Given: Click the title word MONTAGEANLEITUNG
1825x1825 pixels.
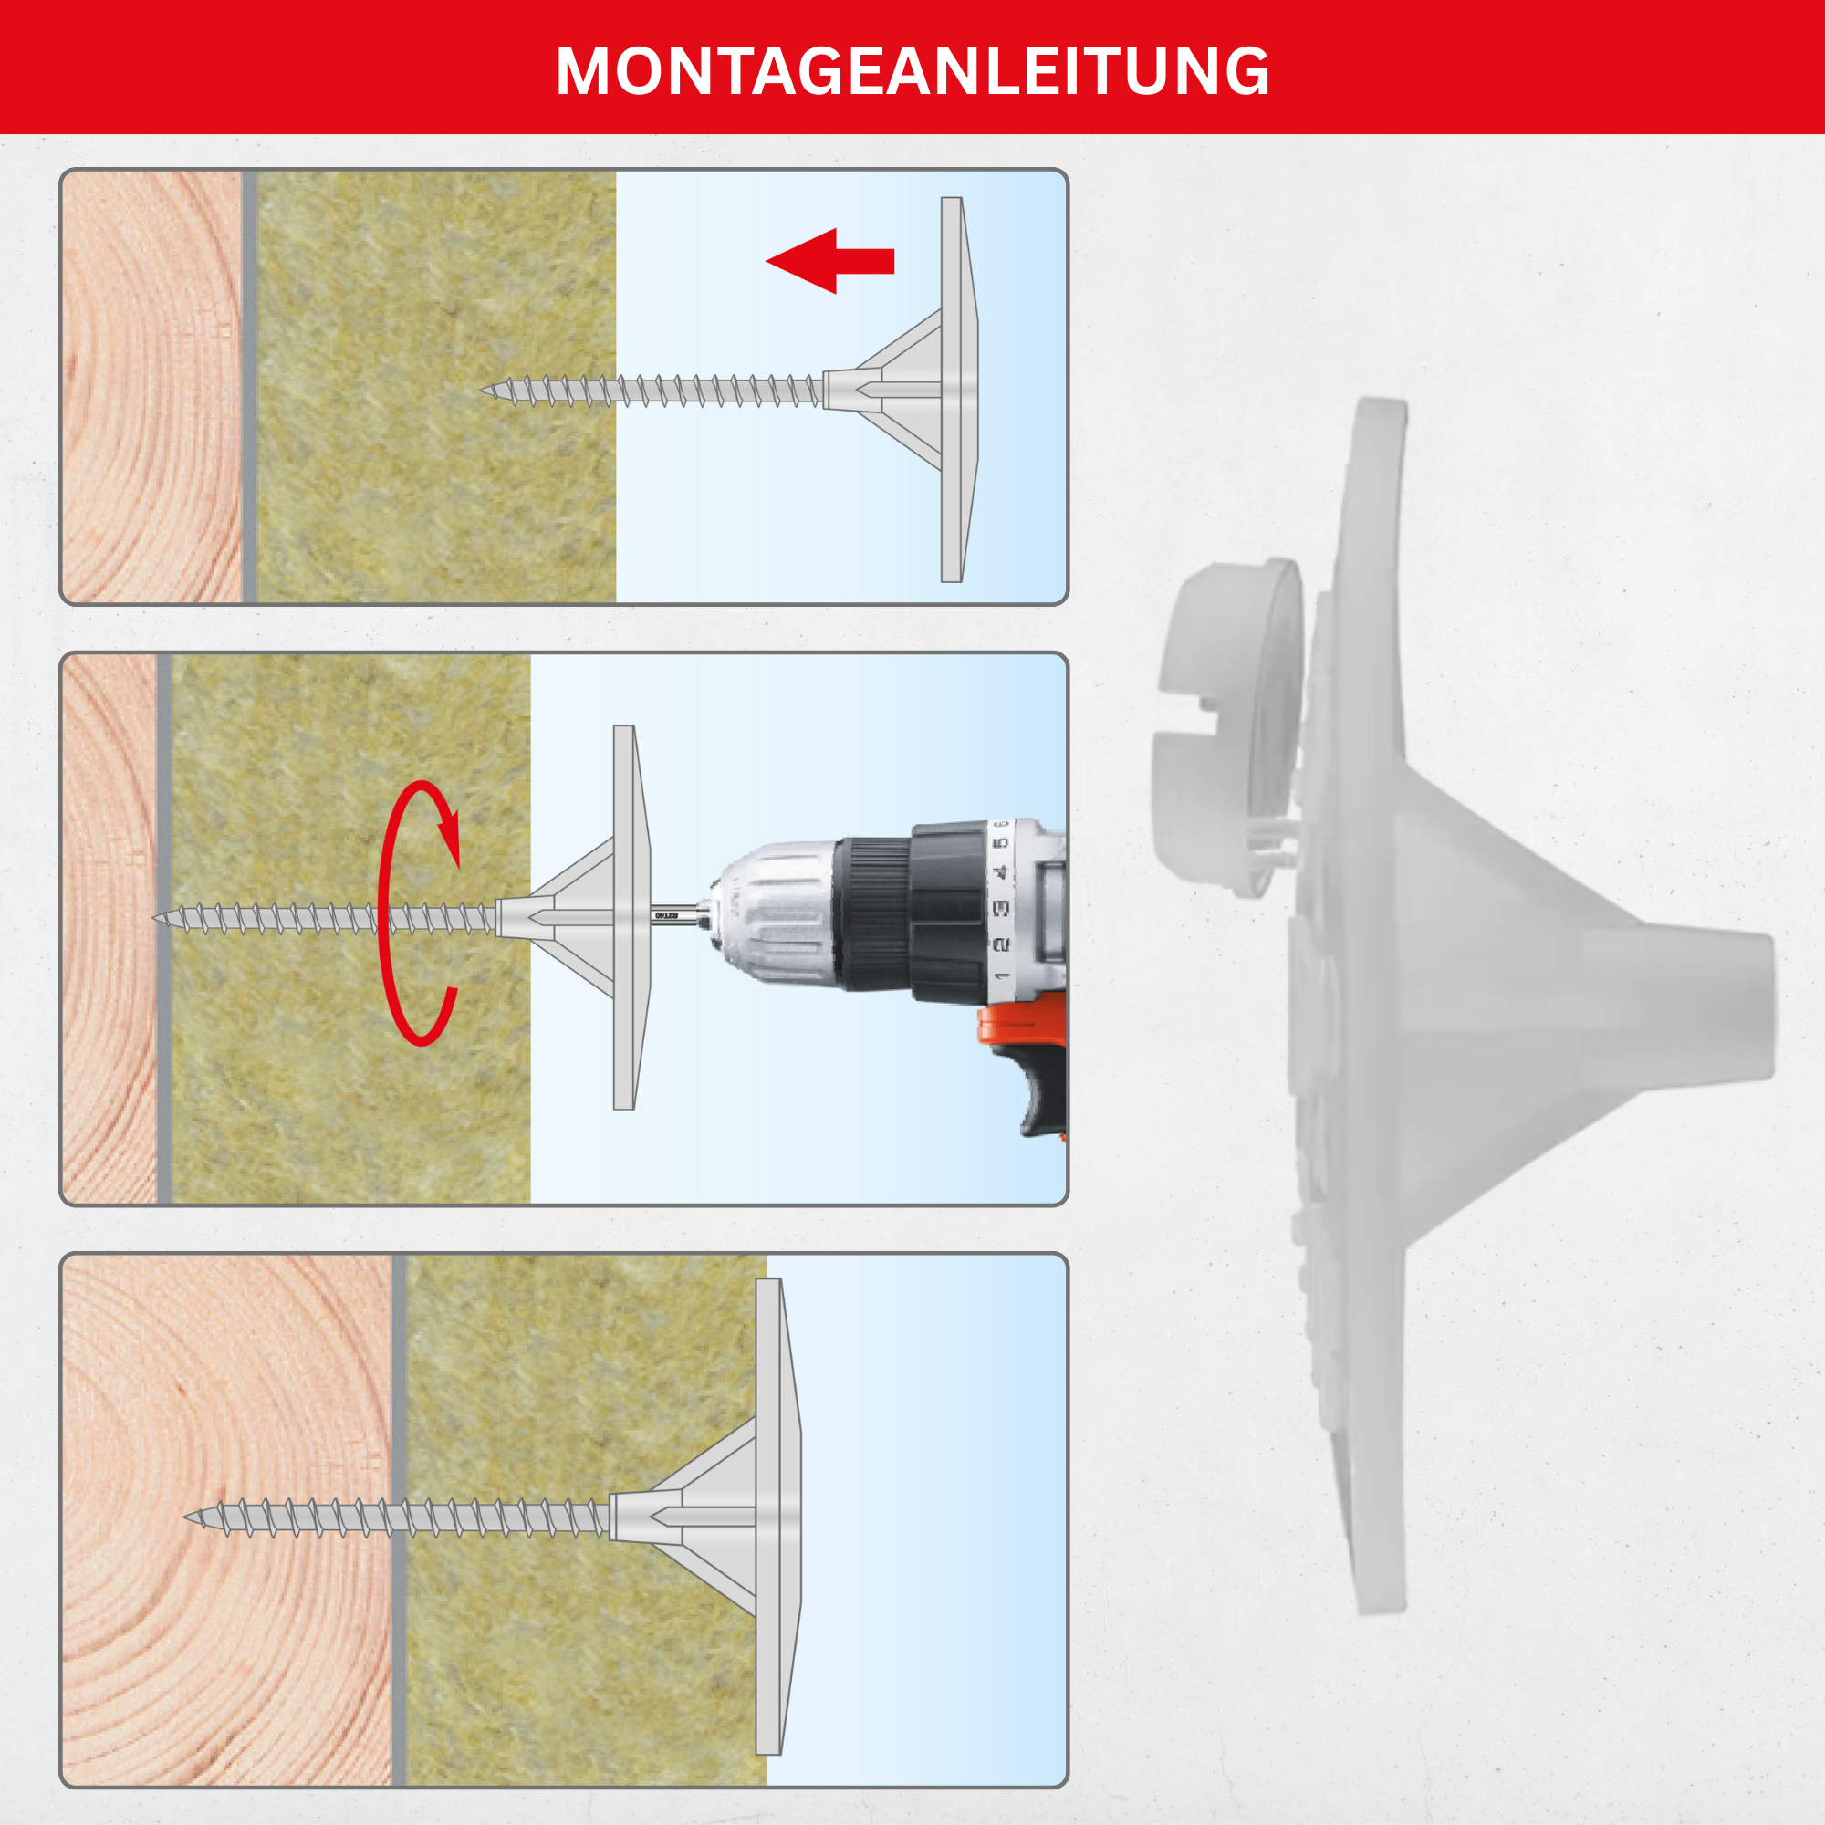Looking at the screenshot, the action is click(x=912, y=71).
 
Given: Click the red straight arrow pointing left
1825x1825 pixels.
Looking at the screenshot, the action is click(x=829, y=261).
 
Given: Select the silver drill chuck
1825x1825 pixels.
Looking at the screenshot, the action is click(x=775, y=914).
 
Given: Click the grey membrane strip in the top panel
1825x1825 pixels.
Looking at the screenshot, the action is click(x=249, y=386).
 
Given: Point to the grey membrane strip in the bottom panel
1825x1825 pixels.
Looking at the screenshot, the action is click(x=399, y=1520).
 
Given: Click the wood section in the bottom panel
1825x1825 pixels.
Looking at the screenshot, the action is click(x=226, y=1520).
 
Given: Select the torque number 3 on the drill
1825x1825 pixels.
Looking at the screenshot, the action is click(x=1001, y=908).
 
